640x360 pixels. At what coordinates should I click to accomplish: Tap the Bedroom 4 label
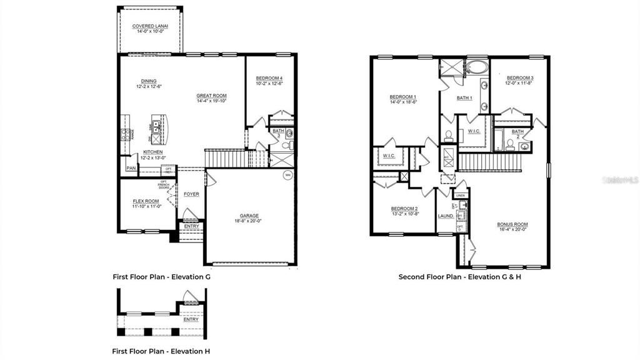[269, 78]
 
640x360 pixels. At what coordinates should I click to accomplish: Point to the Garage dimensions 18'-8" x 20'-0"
[249, 220]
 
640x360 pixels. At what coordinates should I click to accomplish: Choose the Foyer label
[191, 194]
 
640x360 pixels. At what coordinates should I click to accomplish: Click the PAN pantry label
[131, 168]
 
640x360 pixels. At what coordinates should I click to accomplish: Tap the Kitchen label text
[152, 152]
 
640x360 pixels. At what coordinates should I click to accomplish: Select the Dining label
[149, 81]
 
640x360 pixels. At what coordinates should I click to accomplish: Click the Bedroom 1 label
[402, 97]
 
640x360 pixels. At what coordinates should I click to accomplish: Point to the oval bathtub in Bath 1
[476, 66]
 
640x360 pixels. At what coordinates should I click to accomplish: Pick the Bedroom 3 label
[519, 77]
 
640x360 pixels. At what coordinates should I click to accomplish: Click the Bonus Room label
[512, 224]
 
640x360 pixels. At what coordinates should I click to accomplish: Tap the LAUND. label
[446, 216]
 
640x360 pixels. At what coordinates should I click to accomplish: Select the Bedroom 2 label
[404, 209]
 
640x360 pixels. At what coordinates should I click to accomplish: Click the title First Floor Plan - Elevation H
[161, 351]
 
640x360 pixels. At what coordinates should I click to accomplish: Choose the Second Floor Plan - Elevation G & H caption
[459, 276]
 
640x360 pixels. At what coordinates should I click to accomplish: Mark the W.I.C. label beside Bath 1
[473, 131]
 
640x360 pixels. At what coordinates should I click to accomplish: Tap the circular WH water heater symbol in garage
[287, 174]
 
